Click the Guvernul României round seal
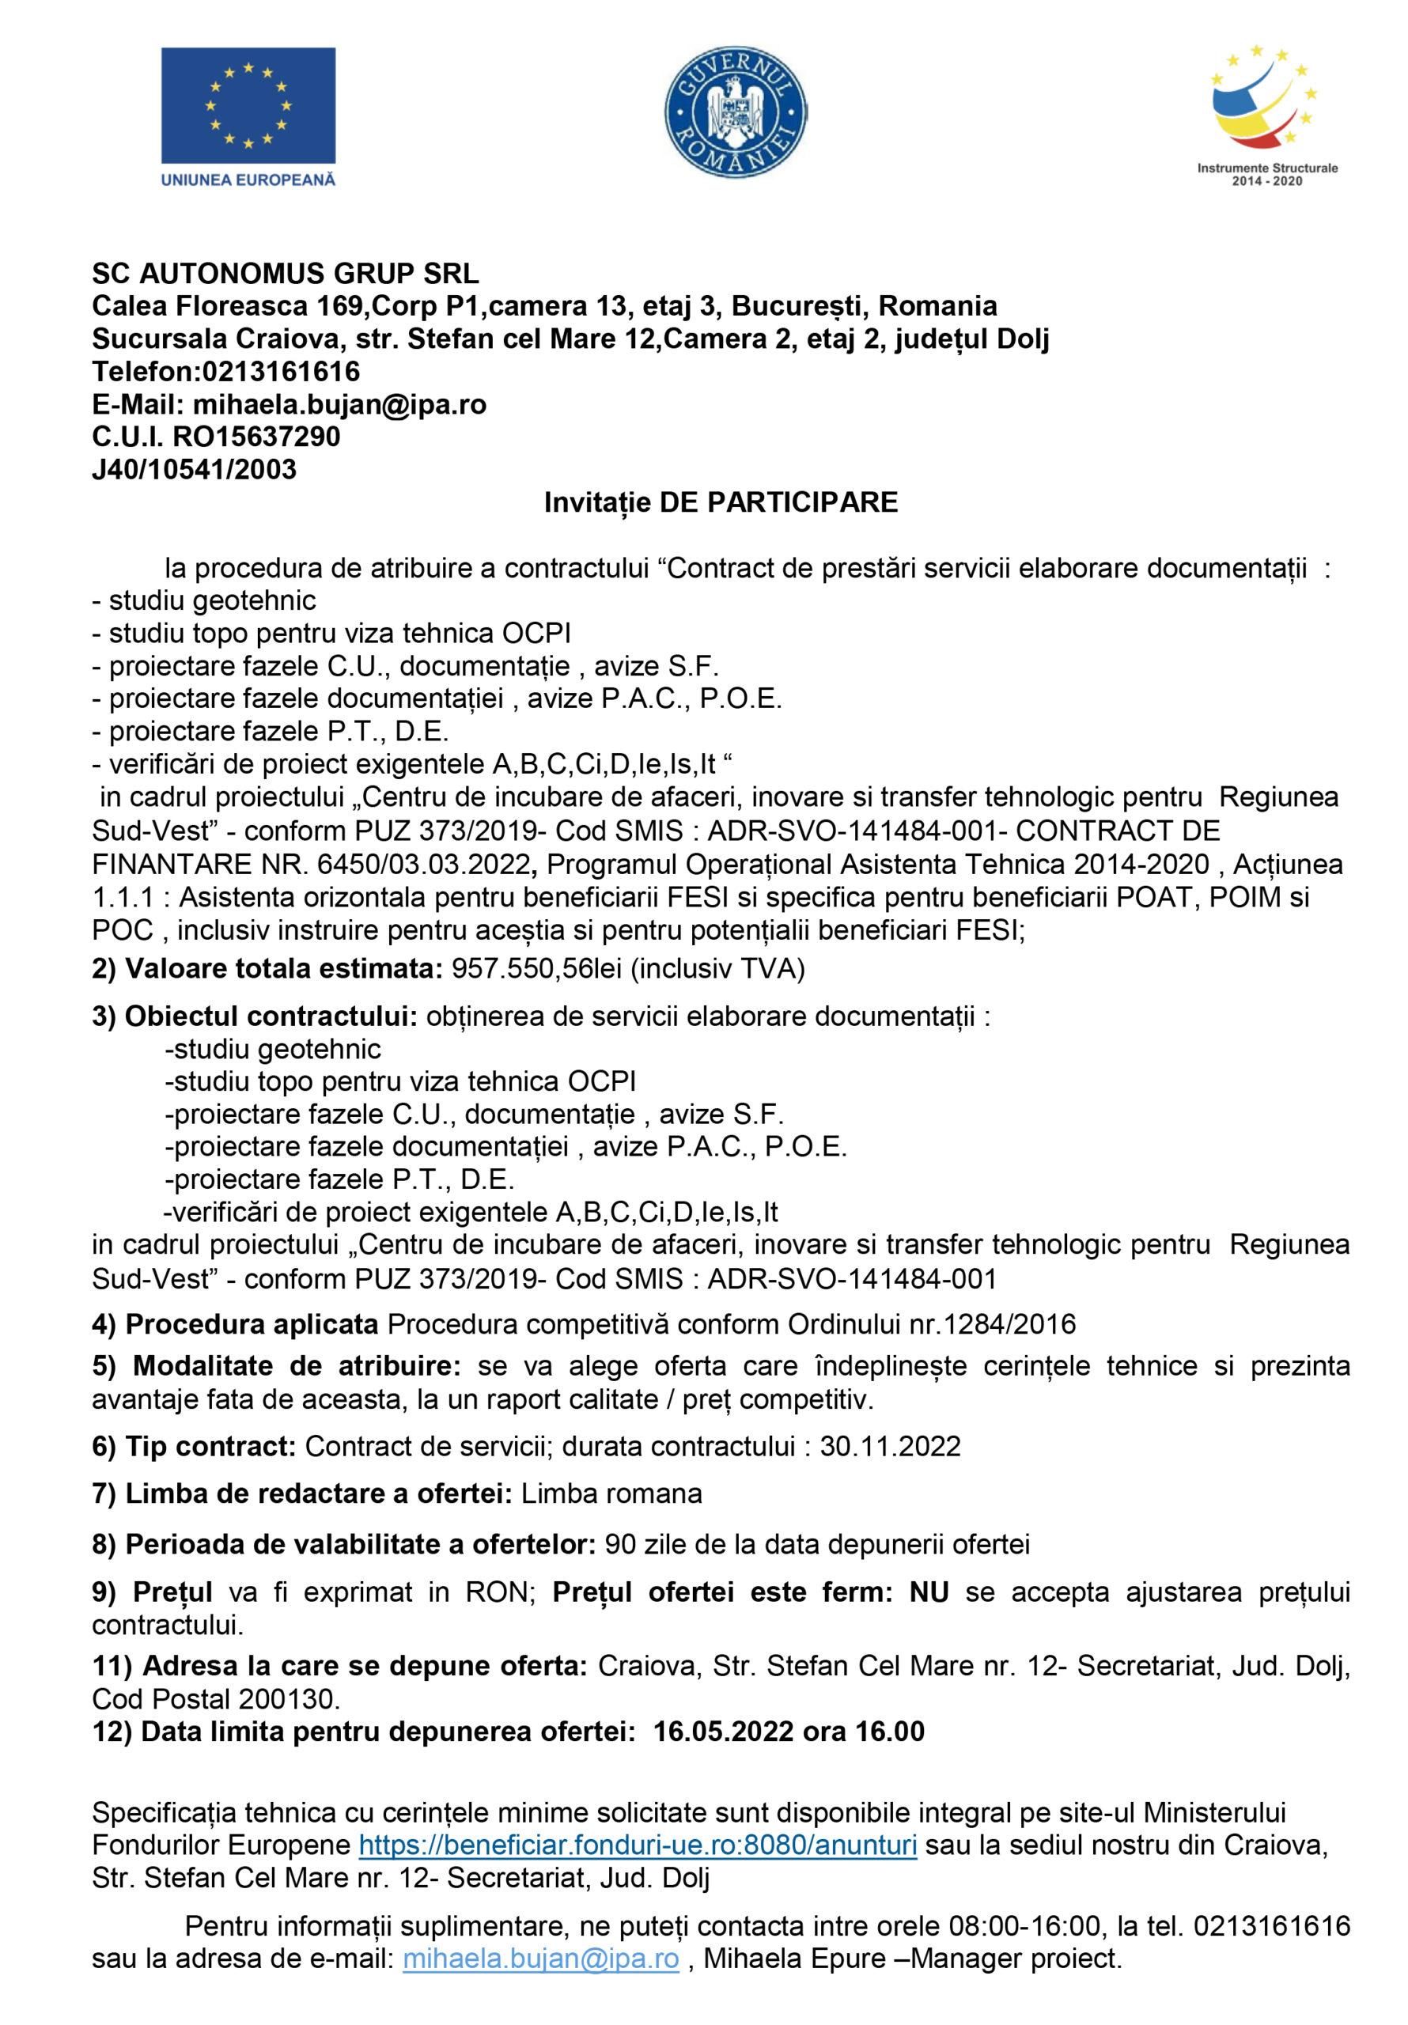[735, 112]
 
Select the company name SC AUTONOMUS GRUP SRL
[285, 274]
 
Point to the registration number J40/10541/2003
[194, 469]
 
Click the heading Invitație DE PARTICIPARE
[720, 503]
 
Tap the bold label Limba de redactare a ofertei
[319, 1494]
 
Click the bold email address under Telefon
[339, 404]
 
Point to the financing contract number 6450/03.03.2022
[423, 865]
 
